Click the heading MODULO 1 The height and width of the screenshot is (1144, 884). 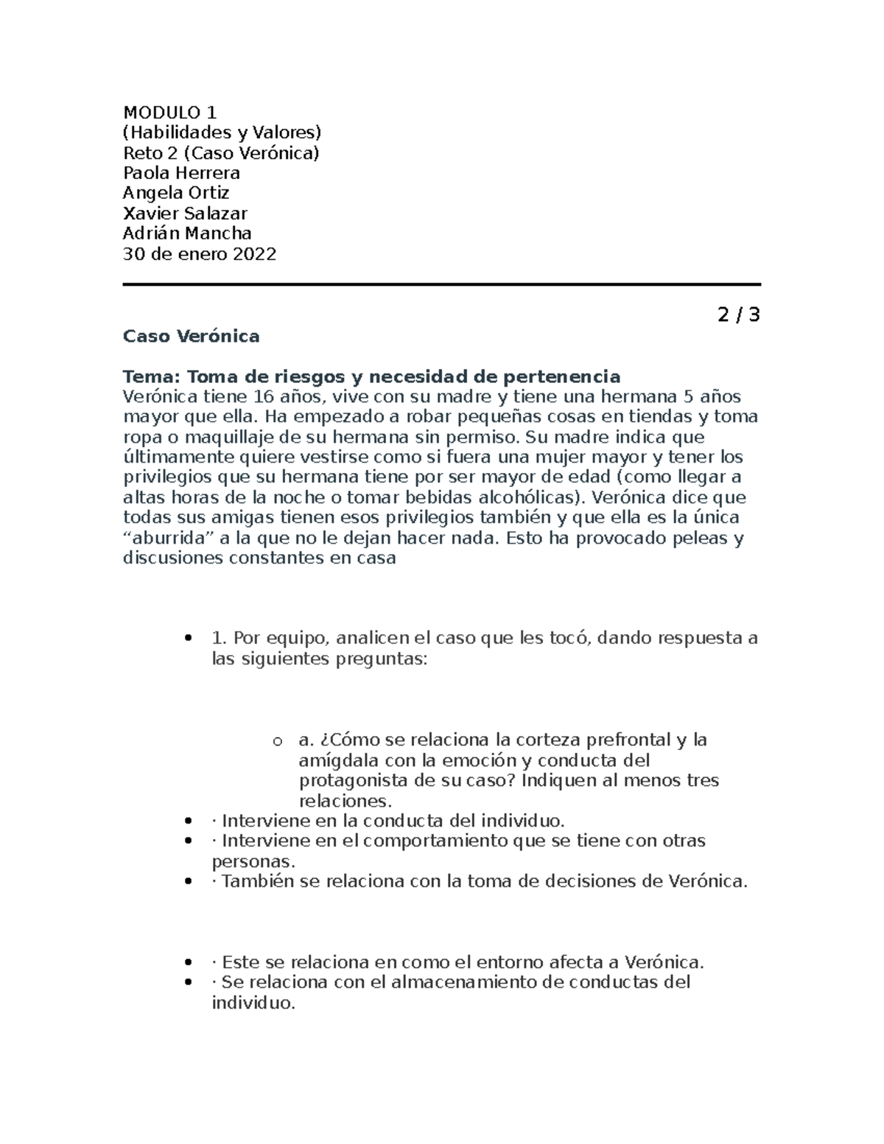[170, 113]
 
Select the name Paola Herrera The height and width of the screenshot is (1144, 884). [181, 173]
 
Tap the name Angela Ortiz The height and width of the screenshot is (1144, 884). [176, 193]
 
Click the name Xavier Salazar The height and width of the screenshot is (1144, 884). [185, 214]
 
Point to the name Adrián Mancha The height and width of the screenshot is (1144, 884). [187, 234]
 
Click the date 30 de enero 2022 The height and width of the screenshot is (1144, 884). [200, 254]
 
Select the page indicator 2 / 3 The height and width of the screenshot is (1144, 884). [738, 315]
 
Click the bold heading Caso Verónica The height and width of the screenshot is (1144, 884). [191, 337]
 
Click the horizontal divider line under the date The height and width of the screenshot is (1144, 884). [441, 284]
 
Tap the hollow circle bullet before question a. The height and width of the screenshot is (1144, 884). [277, 741]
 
